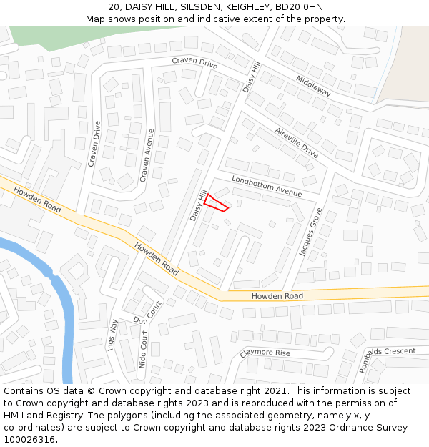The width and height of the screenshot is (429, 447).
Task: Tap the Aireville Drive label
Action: [296, 142]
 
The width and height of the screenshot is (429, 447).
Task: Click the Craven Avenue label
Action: [147, 154]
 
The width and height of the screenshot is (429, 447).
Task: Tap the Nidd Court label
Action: [144, 349]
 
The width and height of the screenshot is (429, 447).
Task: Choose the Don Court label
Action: [149, 312]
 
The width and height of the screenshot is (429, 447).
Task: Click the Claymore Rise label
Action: [265, 353]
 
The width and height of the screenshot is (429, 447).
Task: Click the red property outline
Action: [216, 203]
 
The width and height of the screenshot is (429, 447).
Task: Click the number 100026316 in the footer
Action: [30, 439]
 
